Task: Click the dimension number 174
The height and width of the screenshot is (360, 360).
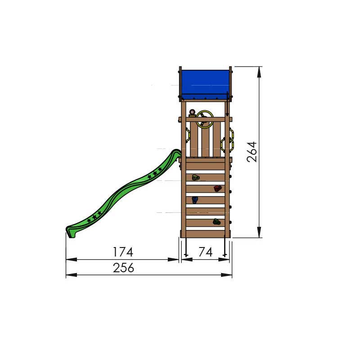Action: click(x=123, y=252)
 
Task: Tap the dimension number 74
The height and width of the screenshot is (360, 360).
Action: click(x=206, y=252)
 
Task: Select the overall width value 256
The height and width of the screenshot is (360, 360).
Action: click(x=123, y=268)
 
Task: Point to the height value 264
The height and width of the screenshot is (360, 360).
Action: click(x=252, y=152)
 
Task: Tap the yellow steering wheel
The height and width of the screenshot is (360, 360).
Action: click(x=205, y=119)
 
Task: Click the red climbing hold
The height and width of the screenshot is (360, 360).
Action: click(x=217, y=189)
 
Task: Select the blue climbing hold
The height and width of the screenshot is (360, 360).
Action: click(x=195, y=200)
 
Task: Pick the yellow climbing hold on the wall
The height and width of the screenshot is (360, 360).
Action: click(x=196, y=177)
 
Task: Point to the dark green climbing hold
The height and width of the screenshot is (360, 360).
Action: click(x=217, y=221)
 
